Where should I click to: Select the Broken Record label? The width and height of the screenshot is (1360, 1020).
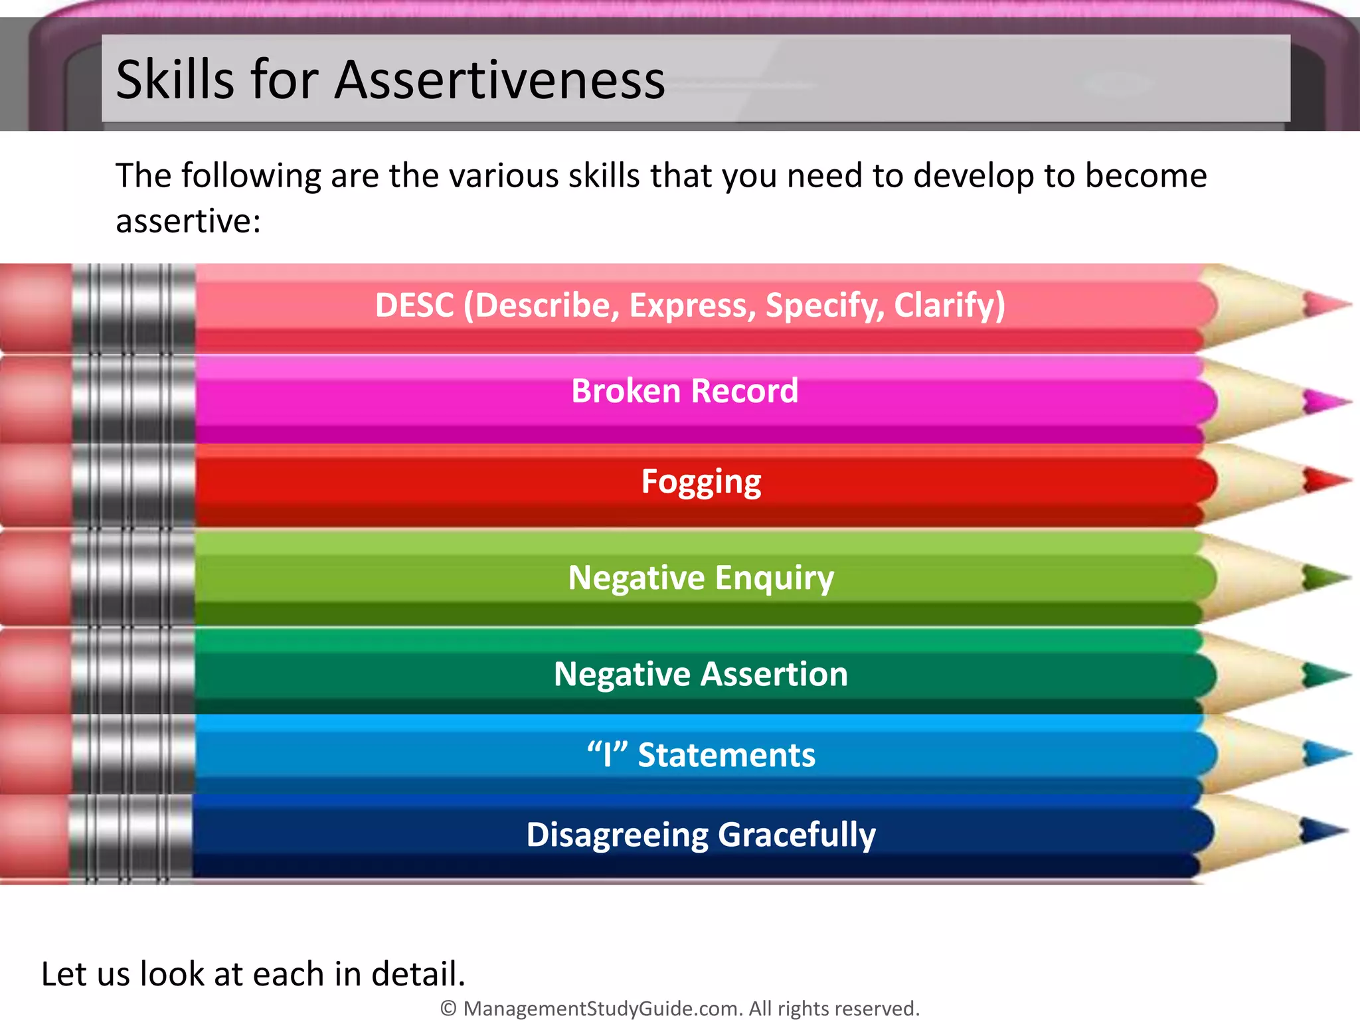pyautogui.click(x=685, y=390)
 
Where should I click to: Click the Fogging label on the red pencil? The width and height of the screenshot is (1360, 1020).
pyautogui.click(x=701, y=481)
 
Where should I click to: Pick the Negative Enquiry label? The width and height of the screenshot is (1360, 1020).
pyautogui.click(x=701, y=578)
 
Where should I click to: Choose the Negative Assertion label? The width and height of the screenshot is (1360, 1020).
pyautogui.click(x=701, y=674)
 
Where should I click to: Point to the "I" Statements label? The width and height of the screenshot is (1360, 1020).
pyautogui.click(x=701, y=755)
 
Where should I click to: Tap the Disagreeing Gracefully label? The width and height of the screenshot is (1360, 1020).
pyautogui.click(x=701, y=835)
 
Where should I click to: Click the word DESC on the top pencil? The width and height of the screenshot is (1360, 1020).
pyautogui.click(x=414, y=305)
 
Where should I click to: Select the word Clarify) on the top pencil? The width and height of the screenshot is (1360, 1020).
pyautogui.click(x=950, y=305)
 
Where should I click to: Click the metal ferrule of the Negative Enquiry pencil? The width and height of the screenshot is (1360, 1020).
pyautogui.click(x=133, y=578)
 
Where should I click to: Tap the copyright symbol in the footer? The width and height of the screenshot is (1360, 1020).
pyautogui.click(x=449, y=1009)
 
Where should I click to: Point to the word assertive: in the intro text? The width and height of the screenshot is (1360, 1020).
pyautogui.click(x=189, y=221)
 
